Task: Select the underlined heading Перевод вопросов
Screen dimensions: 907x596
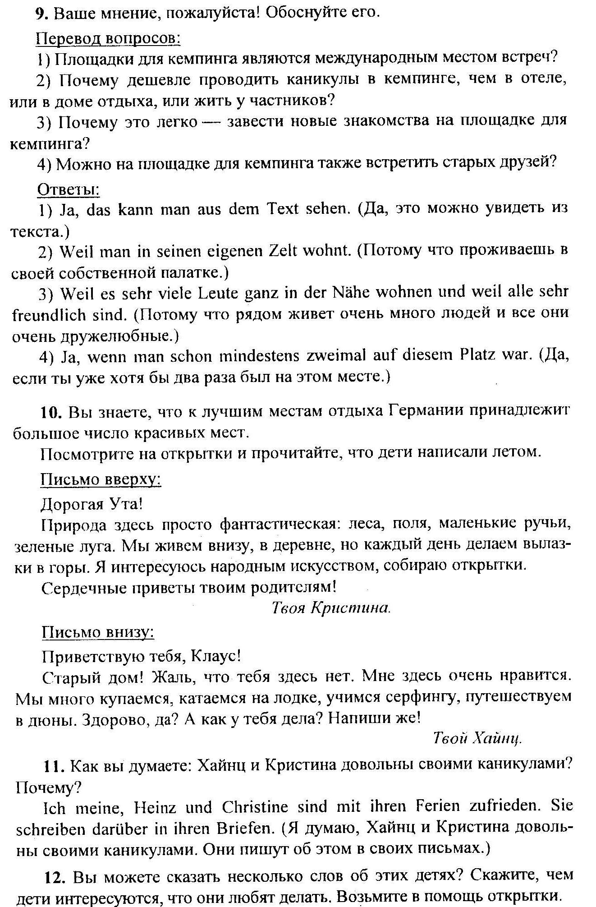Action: click(108, 38)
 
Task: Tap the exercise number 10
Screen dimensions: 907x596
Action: click(50, 412)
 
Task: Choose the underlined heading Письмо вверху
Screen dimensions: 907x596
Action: click(101, 479)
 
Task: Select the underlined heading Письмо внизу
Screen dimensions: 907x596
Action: click(98, 632)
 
